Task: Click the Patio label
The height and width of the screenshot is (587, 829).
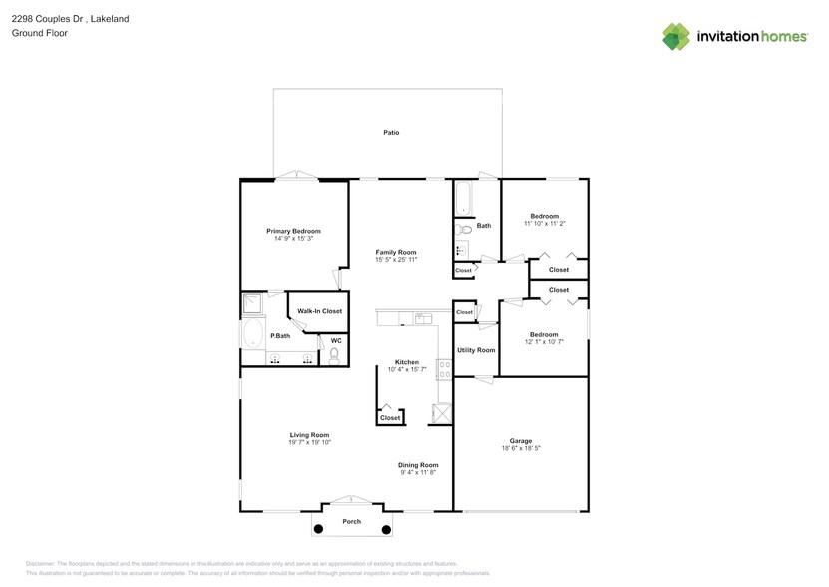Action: point(391,132)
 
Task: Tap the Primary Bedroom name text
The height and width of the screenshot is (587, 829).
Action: point(293,231)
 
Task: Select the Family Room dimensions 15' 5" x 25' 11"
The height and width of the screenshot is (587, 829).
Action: point(396,259)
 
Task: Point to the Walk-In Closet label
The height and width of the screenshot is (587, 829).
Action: point(319,311)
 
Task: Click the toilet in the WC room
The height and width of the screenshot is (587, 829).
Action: point(335,353)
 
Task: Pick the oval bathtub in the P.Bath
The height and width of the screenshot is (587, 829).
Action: point(254,334)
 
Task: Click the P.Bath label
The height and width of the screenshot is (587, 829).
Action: point(280,336)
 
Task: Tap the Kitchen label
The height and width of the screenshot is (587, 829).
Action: point(406,362)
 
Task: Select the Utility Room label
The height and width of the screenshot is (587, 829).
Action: point(476,350)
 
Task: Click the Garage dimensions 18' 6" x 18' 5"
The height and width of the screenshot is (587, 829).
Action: point(520,448)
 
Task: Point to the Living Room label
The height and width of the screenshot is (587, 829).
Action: point(309,435)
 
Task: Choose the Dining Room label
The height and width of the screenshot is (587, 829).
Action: point(418,465)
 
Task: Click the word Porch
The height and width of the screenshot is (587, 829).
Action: point(352,522)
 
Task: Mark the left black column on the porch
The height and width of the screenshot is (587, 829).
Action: point(319,529)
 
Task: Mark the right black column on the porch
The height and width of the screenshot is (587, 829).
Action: point(386,529)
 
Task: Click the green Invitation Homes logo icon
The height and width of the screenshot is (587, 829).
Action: point(676,36)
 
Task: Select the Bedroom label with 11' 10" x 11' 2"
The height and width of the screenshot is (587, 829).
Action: point(544,217)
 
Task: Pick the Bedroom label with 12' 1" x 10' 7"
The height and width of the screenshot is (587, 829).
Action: point(544,334)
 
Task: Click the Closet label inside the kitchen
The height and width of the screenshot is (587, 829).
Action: point(390,418)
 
